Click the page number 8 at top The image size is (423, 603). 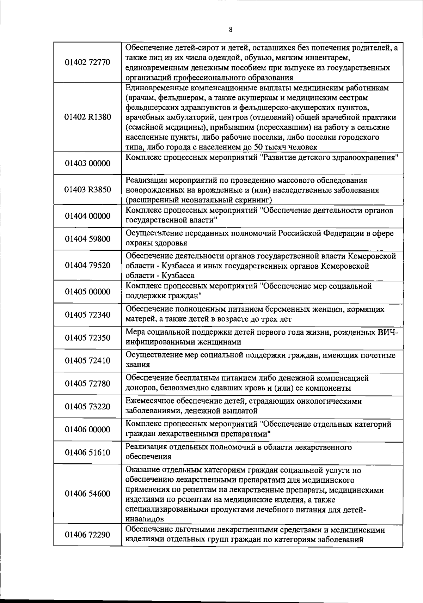click(x=231, y=30)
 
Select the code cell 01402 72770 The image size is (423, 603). click(x=87, y=62)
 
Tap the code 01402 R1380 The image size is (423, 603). click(x=87, y=117)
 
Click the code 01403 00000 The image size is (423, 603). click(x=87, y=163)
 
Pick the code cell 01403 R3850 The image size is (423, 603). click(x=87, y=190)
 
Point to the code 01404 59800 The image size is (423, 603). click(x=87, y=239)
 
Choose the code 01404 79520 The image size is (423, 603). click(x=87, y=265)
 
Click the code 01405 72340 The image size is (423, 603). click(x=87, y=315)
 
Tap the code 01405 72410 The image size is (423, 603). click(x=87, y=360)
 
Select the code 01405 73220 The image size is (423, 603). click(x=87, y=407)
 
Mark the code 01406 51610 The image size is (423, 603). click(x=87, y=452)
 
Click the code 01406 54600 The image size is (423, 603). click(x=87, y=493)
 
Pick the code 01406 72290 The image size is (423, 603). click(x=87, y=535)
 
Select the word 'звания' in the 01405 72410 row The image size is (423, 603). click(x=138, y=365)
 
